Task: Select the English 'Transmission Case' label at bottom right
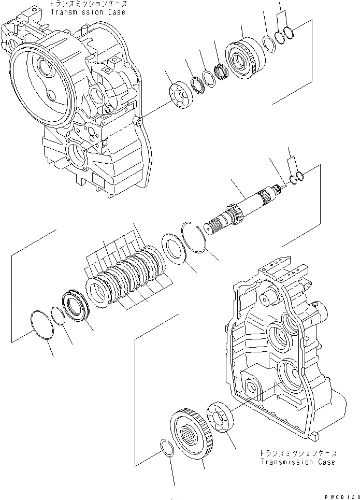click(x=298, y=462)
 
